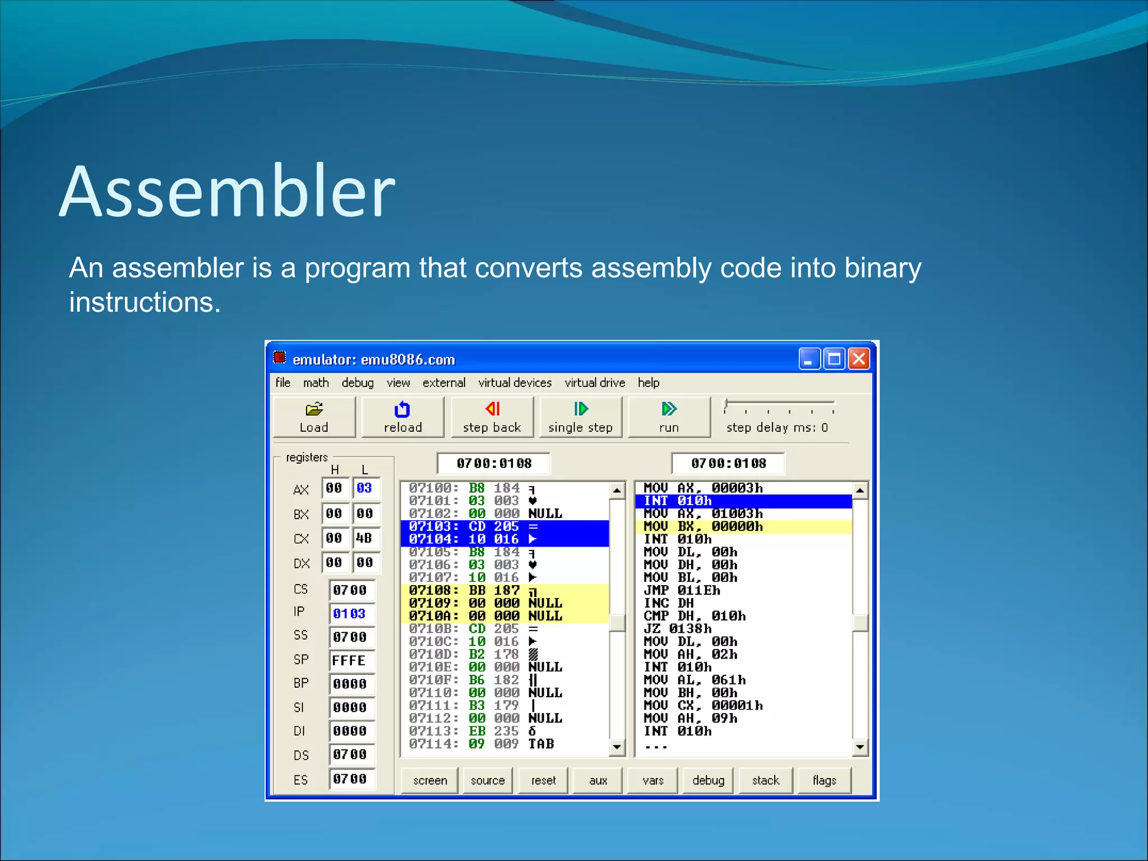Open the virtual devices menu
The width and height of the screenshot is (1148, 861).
coord(515,383)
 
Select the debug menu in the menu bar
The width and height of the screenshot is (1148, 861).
coord(358,383)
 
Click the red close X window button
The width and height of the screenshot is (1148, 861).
coord(858,359)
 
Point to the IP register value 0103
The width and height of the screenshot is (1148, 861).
coord(350,614)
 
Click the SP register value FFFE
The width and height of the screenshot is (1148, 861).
coord(350,661)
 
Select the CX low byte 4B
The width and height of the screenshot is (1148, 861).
coord(365,538)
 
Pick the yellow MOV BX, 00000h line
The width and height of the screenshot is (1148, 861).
coord(703,526)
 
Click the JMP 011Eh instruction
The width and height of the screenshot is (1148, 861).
coord(682,590)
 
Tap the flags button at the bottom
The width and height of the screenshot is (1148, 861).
coord(824,780)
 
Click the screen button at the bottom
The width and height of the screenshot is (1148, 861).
coord(430,780)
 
